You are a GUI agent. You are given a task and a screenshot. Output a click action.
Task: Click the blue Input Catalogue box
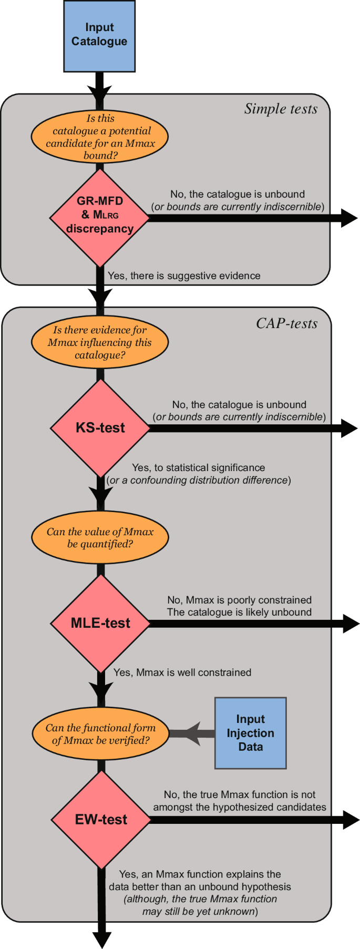tap(99, 36)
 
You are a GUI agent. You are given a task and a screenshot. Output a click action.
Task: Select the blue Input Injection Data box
tap(250, 733)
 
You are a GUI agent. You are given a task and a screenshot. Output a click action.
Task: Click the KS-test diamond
tap(100, 428)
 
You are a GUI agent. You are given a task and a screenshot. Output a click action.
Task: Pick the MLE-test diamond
tap(100, 623)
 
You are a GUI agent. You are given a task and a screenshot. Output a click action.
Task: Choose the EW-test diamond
tap(101, 819)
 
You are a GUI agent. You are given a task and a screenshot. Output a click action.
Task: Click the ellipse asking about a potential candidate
tap(100, 137)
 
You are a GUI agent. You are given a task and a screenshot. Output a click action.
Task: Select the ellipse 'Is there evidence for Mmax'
tap(100, 342)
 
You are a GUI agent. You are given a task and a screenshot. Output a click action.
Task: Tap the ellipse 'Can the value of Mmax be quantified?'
tap(100, 537)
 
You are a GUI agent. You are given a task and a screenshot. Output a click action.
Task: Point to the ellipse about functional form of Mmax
tap(100, 734)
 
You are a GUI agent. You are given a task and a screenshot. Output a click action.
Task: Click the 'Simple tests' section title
tap(281, 109)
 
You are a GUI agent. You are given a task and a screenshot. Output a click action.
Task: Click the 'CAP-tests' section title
tap(286, 323)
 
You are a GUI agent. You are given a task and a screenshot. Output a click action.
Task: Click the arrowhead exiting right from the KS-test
tap(349, 428)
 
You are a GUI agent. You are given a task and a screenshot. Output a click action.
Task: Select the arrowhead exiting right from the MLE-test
tap(351, 624)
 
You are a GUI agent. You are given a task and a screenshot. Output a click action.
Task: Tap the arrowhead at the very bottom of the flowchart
tap(102, 939)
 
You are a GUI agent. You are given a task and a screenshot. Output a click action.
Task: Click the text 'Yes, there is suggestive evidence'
tap(184, 276)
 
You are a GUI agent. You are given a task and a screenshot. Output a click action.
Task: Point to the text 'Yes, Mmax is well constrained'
tap(182, 672)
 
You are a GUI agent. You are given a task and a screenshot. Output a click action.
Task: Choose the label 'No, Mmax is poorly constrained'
tap(239, 600)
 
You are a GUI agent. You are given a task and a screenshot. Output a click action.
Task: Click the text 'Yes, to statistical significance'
tap(198, 467)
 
